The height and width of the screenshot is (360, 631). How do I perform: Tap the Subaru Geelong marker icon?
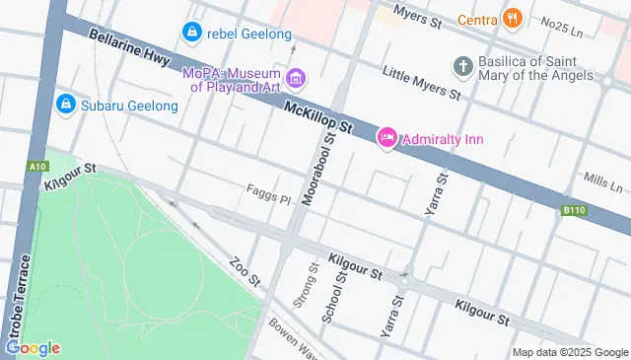point(66,103)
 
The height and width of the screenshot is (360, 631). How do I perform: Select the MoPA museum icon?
point(294,78)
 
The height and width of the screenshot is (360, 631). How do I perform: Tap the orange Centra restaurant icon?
point(511,18)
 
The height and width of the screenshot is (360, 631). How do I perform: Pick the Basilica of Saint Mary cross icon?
point(462,66)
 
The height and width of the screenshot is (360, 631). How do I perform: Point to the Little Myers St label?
point(421,86)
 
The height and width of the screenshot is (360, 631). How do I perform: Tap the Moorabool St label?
point(319,169)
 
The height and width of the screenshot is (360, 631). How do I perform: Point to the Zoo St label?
point(243,273)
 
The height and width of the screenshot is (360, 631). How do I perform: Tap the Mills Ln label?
point(603,184)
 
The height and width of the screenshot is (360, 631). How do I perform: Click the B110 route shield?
point(575,210)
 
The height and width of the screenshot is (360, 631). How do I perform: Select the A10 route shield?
point(38,167)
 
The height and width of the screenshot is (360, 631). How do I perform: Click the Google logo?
point(33,347)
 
